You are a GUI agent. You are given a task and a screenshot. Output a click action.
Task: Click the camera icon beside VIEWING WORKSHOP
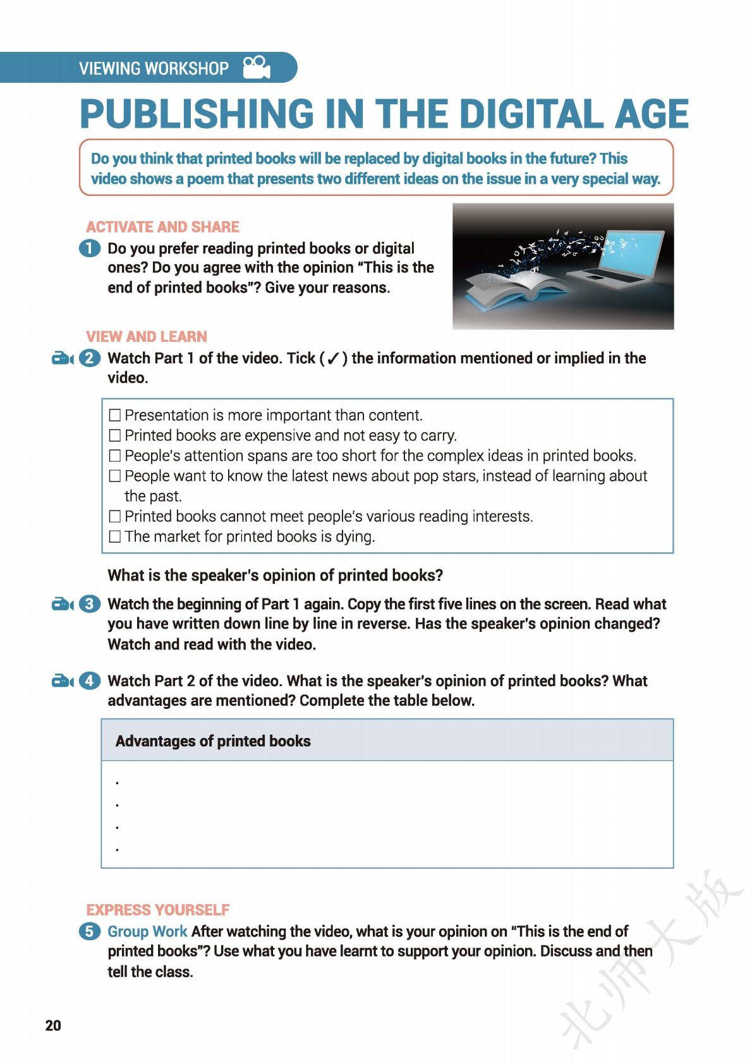(x=257, y=68)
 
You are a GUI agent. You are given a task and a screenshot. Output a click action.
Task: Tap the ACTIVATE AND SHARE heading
(x=162, y=227)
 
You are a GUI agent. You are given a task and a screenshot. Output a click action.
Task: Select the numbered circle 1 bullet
(x=90, y=248)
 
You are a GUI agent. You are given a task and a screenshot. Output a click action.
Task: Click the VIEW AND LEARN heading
(x=147, y=336)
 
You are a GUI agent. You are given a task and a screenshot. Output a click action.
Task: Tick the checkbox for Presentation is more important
(x=114, y=415)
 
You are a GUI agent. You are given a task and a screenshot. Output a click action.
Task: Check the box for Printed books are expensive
(x=114, y=435)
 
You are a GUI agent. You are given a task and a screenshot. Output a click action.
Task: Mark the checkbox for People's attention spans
(x=114, y=456)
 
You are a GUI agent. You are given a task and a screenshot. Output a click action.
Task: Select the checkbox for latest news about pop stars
(x=114, y=476)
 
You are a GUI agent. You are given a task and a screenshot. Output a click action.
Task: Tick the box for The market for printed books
(x=114, y=536)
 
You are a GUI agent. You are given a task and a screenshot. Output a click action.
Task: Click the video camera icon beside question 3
(x=63, y=605)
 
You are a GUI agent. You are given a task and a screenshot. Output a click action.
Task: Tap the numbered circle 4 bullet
(x=90, y=681)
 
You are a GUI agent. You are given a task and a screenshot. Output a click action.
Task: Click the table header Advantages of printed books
(x=213, y=741)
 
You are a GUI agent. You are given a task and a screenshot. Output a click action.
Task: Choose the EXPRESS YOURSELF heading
(x=158, y=910)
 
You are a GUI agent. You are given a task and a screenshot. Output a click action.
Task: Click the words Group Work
(x=147, y=931)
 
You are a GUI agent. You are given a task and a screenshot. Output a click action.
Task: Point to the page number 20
(x=53, y=1025)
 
